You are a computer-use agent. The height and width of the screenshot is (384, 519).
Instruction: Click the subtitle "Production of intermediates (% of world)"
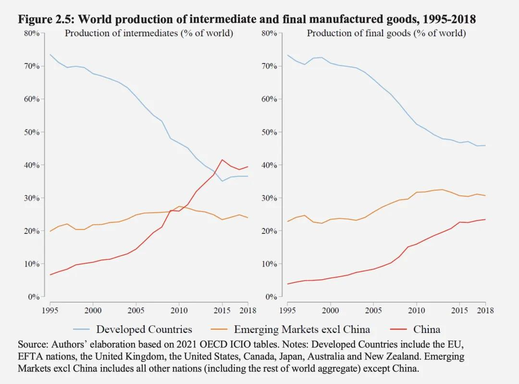click(149, 33)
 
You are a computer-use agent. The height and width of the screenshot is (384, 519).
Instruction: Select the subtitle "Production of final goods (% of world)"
click(386, 33)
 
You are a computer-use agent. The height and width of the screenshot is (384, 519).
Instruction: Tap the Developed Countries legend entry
click(133, 329)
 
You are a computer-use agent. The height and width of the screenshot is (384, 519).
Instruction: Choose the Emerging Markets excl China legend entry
click(290, 329)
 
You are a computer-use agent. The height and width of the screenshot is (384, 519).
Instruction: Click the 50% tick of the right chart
click(269, 132)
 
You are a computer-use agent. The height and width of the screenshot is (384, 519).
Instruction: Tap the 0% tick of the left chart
click(34, 297)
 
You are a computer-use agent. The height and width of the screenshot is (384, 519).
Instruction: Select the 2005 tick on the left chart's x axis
click(136, 310)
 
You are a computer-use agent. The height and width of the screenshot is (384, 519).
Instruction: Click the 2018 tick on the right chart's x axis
click(485, 310)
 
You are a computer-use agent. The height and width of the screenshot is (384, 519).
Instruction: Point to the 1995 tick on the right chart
click(288, 310)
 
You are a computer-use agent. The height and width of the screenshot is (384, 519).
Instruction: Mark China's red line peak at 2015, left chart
click(222, 160)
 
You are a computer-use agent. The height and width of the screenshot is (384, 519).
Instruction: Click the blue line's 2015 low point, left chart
click(222, 181)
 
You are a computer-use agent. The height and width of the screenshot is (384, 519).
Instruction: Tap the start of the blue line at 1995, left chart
click(50, 54)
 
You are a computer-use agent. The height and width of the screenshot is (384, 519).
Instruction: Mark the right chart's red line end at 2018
click(485, 219)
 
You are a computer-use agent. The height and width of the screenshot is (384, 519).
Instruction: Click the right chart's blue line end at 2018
click(485, 145)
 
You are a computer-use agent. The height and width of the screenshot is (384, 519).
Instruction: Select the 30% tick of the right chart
click(269, 198)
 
